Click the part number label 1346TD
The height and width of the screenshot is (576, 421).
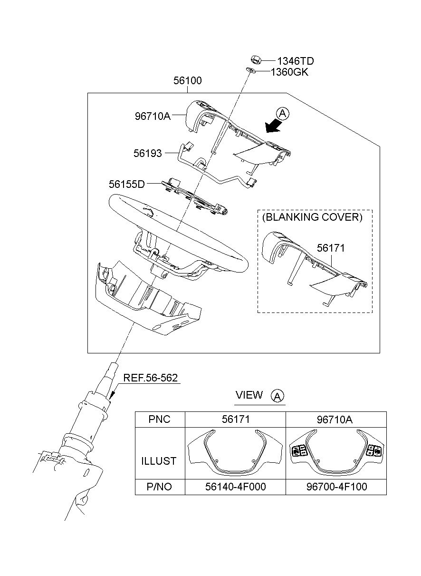click(296, 61)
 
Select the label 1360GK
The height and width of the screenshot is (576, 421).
click(289, 72)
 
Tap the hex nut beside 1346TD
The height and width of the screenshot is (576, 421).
click(256, 59)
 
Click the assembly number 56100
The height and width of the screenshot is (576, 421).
click(188, 80)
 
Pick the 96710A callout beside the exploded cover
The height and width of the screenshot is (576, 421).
click(153, 116)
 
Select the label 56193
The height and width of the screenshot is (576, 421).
click(148, 153)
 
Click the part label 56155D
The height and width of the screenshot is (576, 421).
click(127, 184)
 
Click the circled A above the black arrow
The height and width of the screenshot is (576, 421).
click(283, 113)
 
